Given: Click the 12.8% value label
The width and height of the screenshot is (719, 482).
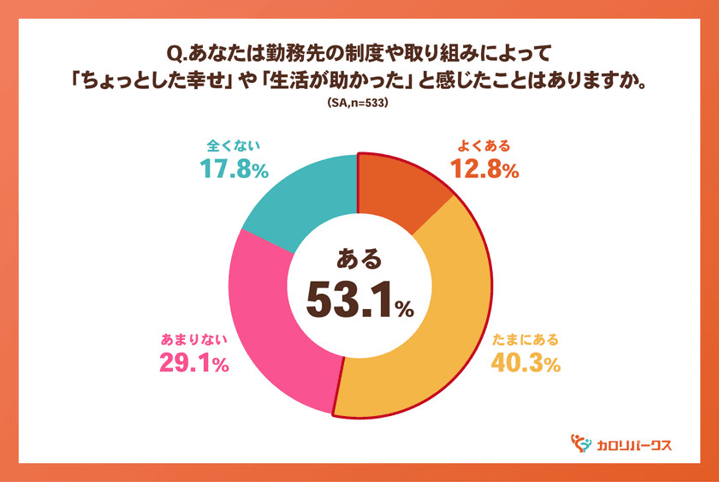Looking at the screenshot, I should (485, 170).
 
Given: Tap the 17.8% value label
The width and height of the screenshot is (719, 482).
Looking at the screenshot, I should (234, 170).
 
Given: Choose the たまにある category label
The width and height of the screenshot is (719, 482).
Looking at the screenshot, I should (525, 339).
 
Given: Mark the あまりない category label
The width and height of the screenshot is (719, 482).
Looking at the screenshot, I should (194, 339).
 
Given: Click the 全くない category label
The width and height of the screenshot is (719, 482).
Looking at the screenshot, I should (234, 145).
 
